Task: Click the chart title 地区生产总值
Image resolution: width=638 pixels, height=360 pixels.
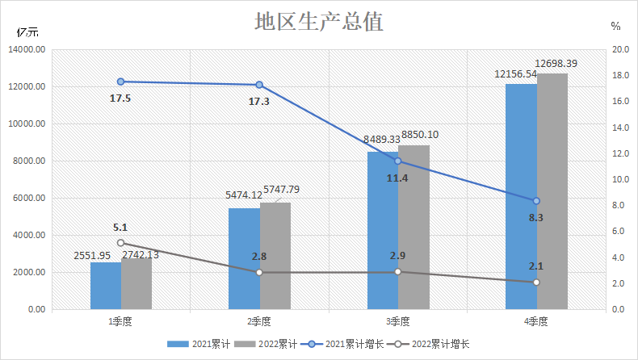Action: tap(318, 21)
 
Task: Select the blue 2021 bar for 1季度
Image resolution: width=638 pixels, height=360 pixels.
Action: tap(106, 286)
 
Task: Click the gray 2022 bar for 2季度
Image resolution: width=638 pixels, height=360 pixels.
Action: tap(275, 256)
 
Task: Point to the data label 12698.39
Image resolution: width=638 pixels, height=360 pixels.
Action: tap(556, 63)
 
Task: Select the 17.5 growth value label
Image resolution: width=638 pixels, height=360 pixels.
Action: tap(120, 98)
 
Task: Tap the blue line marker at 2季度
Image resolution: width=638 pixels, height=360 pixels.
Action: tap(259, 85)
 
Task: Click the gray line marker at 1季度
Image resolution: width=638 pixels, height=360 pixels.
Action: tap(121, 243)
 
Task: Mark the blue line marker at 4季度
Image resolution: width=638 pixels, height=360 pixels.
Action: tap(536, 201)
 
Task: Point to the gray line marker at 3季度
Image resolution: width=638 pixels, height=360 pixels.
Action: tap(398, 271)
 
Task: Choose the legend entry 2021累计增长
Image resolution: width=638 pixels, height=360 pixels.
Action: tap(346, 345)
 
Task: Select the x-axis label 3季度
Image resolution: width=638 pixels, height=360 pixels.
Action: tap(398, 321)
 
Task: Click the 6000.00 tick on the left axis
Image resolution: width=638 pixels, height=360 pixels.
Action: tap(28, 199)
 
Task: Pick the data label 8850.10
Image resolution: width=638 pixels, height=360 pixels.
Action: tap(418, 135)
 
